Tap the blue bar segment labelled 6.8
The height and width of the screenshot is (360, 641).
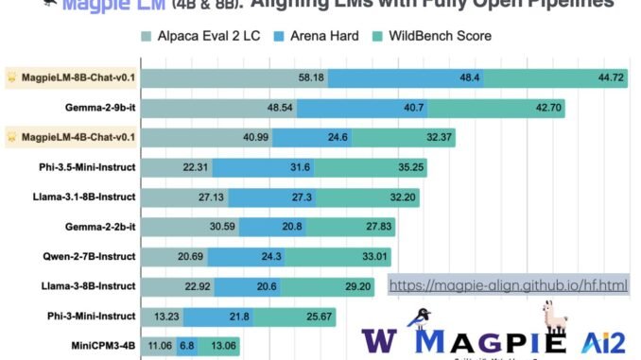click(186, 345)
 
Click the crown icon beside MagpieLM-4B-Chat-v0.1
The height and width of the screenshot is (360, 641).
click(12, 136)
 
